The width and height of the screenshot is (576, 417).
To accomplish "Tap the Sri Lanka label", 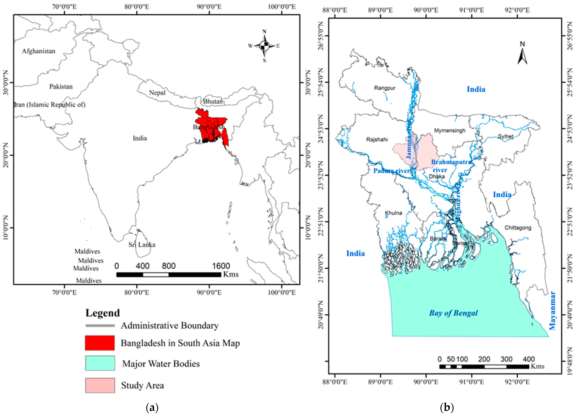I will pos(142,245).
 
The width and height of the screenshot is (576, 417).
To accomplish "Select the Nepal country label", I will pos(157,93).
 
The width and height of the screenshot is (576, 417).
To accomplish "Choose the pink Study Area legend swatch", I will pos(100,385).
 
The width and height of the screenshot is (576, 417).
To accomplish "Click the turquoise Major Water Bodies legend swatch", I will pos(100,363).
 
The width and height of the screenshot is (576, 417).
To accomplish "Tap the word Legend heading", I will pos(103,313).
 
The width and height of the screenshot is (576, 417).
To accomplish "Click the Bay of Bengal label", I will pos(453,313).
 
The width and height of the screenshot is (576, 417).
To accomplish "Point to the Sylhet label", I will pos(506,136).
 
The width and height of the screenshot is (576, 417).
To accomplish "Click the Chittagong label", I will pos(518,228).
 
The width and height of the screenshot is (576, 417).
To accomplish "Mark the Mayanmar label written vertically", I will pos(553,315).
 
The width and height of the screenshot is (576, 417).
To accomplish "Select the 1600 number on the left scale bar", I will pos(221,266).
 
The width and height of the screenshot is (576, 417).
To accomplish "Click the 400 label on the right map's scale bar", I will pos(529,359).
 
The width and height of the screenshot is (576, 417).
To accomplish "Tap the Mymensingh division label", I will pos(450,131).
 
